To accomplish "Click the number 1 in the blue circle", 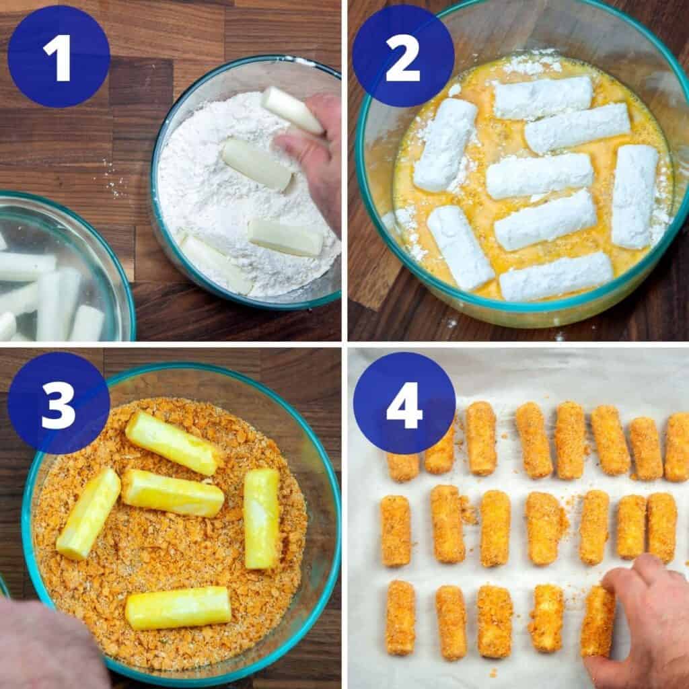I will tap(59, 57).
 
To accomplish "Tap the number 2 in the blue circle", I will tap(402, 57).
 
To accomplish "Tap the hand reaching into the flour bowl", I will tap(316, 155).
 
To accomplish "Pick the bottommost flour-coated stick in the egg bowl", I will tap(556, 277).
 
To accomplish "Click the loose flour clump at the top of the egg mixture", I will tap(532, 64).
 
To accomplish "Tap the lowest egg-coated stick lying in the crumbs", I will tap(178, 608).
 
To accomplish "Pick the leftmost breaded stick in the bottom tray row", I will tap(401, 618).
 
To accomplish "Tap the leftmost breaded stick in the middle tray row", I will tap(396, 531).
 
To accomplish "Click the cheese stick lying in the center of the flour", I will tap(256, 164).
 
